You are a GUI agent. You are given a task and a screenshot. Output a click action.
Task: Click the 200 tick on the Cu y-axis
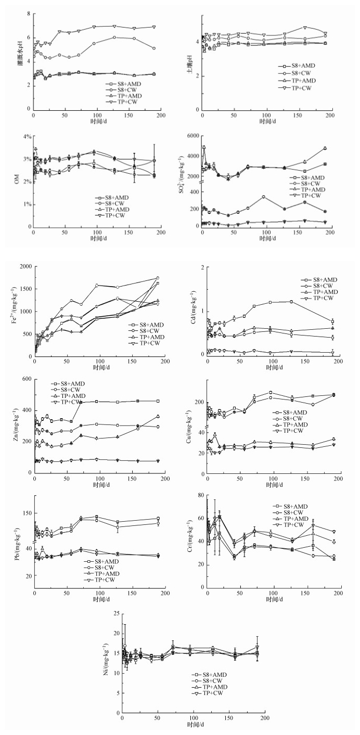199,402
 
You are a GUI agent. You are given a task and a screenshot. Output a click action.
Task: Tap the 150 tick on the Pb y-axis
27,512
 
